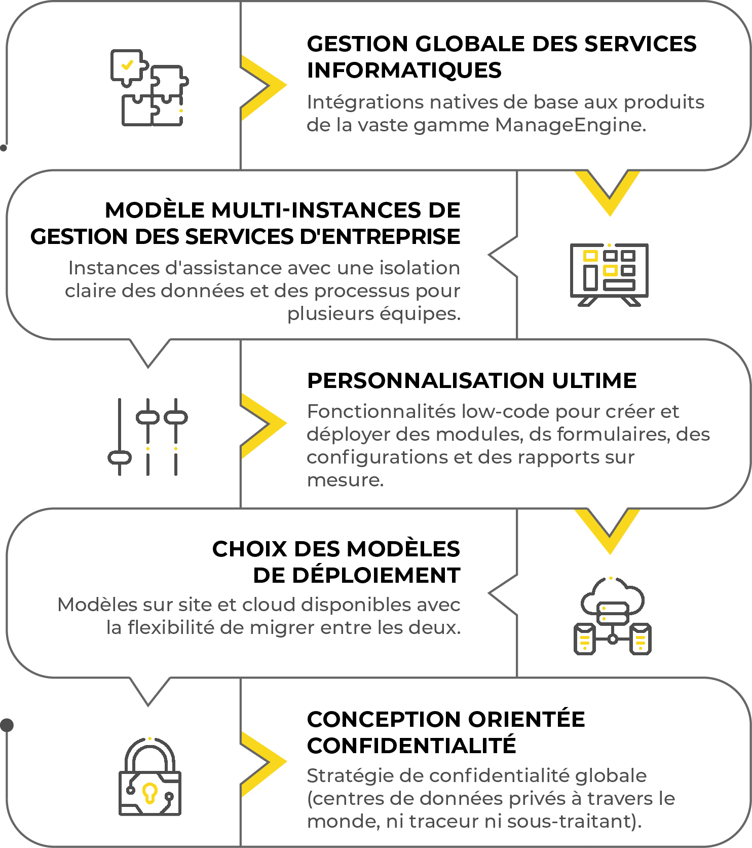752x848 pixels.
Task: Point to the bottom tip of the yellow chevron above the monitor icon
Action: [x=610, y=216]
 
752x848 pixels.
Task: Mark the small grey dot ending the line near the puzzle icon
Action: [x=4, y=148]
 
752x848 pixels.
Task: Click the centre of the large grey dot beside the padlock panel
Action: [x=7, y=725]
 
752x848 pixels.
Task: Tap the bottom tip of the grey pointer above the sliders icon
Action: [x=148, y=367]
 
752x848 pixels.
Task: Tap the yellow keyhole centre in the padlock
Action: [x=149, y=792]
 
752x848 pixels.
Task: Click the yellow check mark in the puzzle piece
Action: [x=127, y=64]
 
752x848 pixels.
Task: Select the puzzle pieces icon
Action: [x=149, y=88]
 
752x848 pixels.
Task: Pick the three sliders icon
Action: [x=148, y=437]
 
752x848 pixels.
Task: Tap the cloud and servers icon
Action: [x=612, y=616]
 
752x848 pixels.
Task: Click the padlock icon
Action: [x=150, y=776]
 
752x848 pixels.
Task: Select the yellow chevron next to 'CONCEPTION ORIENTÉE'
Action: [x=264, y=763]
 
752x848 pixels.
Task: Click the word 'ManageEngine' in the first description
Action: [x=571, y=125]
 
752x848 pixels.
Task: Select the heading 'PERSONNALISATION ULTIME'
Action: [x=472, y=380]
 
